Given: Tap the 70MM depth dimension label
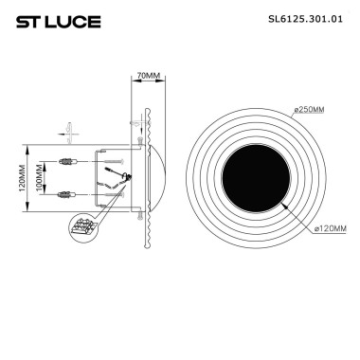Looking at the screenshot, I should [148, 74].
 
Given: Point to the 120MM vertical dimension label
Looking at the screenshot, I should [24, 178].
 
